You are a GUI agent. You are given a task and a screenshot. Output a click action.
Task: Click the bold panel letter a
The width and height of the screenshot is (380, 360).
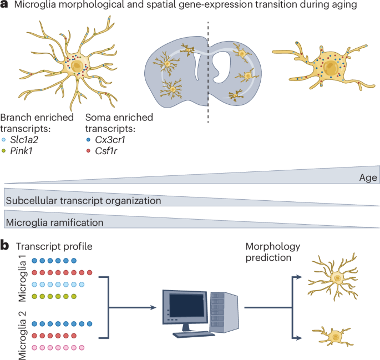click(5, 6)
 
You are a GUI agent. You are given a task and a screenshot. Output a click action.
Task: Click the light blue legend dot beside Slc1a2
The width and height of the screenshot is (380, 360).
click(5, 140)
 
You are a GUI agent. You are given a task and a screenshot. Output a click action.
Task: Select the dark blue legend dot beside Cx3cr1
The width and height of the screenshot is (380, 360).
click(90, 140)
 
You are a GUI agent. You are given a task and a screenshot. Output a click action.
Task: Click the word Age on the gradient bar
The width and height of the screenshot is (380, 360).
click(367, 178)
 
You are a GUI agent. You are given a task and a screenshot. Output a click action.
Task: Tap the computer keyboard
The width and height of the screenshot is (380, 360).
click(194, 334)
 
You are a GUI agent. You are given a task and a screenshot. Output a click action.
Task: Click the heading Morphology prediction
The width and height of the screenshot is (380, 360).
click(272, 252)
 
